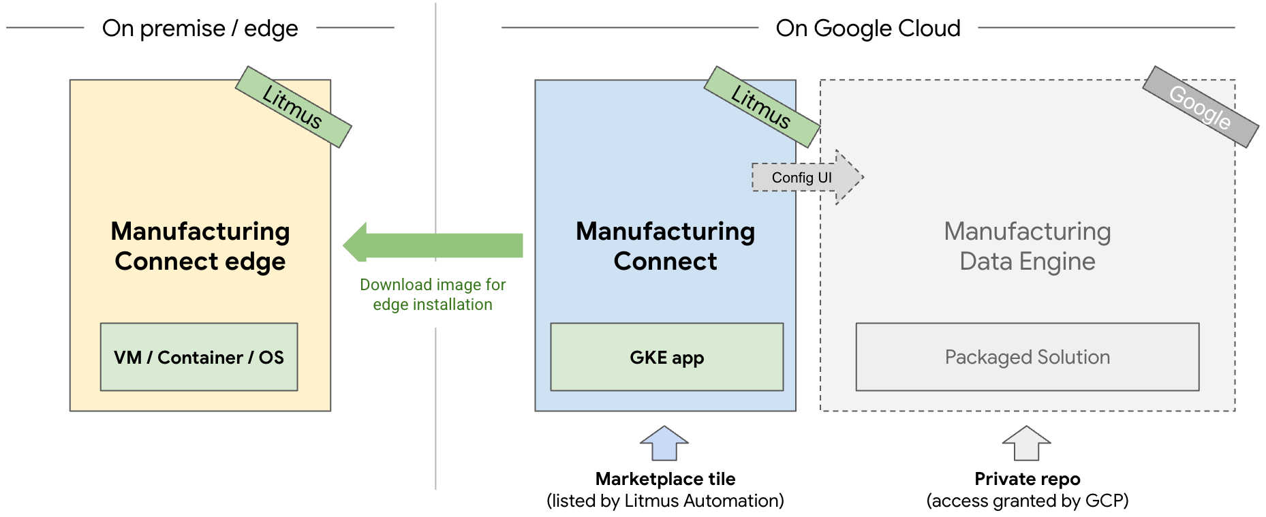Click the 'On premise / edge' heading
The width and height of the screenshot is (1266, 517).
[x=200, y=29]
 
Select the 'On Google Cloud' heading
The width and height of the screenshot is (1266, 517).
[x=867, y=29]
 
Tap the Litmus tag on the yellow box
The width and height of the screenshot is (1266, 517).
[x=293, y=107]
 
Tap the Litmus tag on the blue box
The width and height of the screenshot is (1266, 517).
[x=762, y=107]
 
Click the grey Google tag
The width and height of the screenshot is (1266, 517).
[x=1200, y=107]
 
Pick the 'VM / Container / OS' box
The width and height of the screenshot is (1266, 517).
[x=199, y=357]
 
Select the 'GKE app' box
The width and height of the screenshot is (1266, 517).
[x=666, y=357]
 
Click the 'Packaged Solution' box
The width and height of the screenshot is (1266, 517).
[x=1027, y=357]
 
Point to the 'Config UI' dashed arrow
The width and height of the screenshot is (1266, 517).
[x=807, y=178]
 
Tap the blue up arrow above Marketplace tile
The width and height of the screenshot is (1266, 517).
[x=664, y=443]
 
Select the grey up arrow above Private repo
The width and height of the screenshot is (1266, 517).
[x=1026, y=443]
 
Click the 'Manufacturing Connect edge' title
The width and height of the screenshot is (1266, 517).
[x=200, y=246]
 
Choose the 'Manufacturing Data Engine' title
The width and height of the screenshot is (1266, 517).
[x=1027, y=246]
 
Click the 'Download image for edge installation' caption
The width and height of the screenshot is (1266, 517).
[x=433, y=294]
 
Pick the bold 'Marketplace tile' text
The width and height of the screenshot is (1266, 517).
[x=665, y=479]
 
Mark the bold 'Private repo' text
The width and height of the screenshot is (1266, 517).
[x=1027, y=479]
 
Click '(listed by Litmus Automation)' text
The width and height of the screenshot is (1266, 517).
[x=665, y=501]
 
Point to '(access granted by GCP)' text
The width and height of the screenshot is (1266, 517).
[x=1027, y=501]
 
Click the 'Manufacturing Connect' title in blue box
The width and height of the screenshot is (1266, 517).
[x=665, y=246]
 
